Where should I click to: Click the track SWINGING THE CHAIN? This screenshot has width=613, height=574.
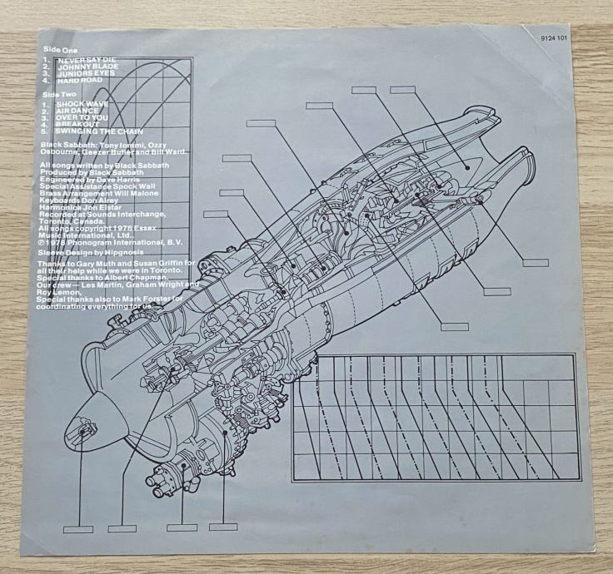coord(96,132)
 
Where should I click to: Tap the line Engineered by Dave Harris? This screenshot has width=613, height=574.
coord(88,180)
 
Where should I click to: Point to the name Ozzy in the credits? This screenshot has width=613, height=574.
coord(170,146)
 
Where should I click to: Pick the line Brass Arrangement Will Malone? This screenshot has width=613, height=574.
coord(96,193)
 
